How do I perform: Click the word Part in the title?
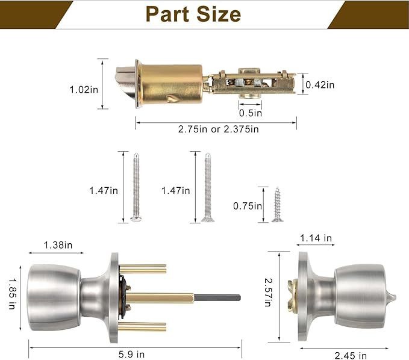point(167,14)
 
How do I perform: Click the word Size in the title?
point(219,14)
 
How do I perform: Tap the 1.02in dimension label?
point(84,90)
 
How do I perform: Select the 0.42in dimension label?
point(320,85)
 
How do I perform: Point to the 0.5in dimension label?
point(251,113)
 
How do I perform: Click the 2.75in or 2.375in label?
point(218,129)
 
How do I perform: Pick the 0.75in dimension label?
point(248,206)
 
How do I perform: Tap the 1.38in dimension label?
point(58,245)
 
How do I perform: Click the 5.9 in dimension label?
point(131,354)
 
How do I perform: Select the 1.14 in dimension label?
point(316,238)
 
